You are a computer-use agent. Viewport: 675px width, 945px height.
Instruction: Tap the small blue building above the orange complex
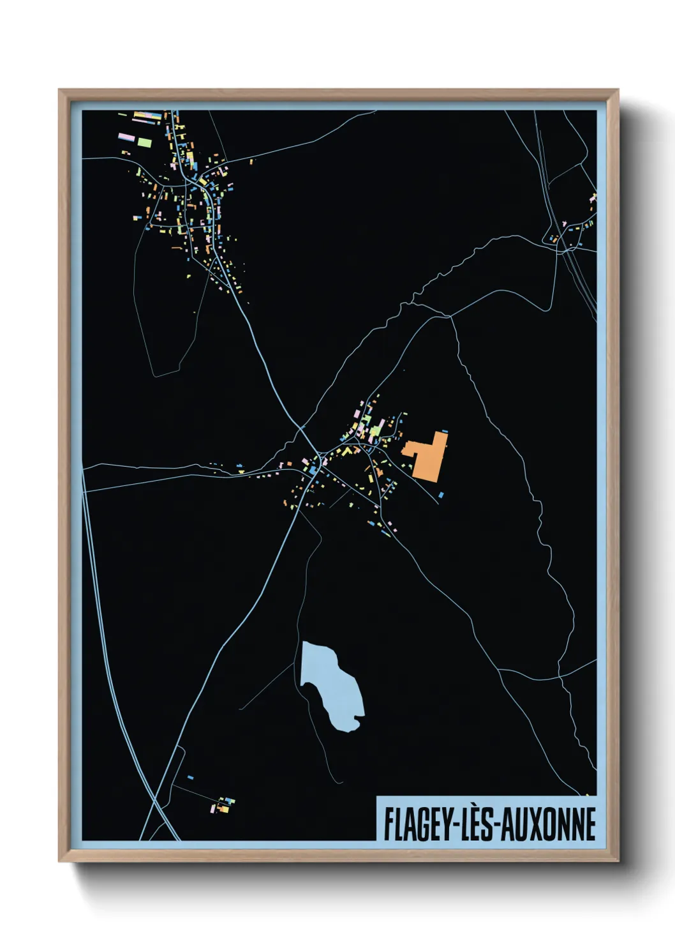[444, 432]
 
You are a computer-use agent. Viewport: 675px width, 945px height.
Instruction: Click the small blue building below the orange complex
[440, 494]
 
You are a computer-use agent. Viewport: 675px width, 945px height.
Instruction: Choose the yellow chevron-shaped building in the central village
[348, 451]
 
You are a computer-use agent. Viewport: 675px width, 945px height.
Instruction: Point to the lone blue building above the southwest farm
[190, 777]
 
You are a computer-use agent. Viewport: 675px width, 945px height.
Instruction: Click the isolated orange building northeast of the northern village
[251, 162]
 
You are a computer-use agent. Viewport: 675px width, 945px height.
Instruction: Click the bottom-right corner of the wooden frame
[618, 860]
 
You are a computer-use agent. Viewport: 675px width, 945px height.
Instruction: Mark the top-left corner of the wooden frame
[59, 90]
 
